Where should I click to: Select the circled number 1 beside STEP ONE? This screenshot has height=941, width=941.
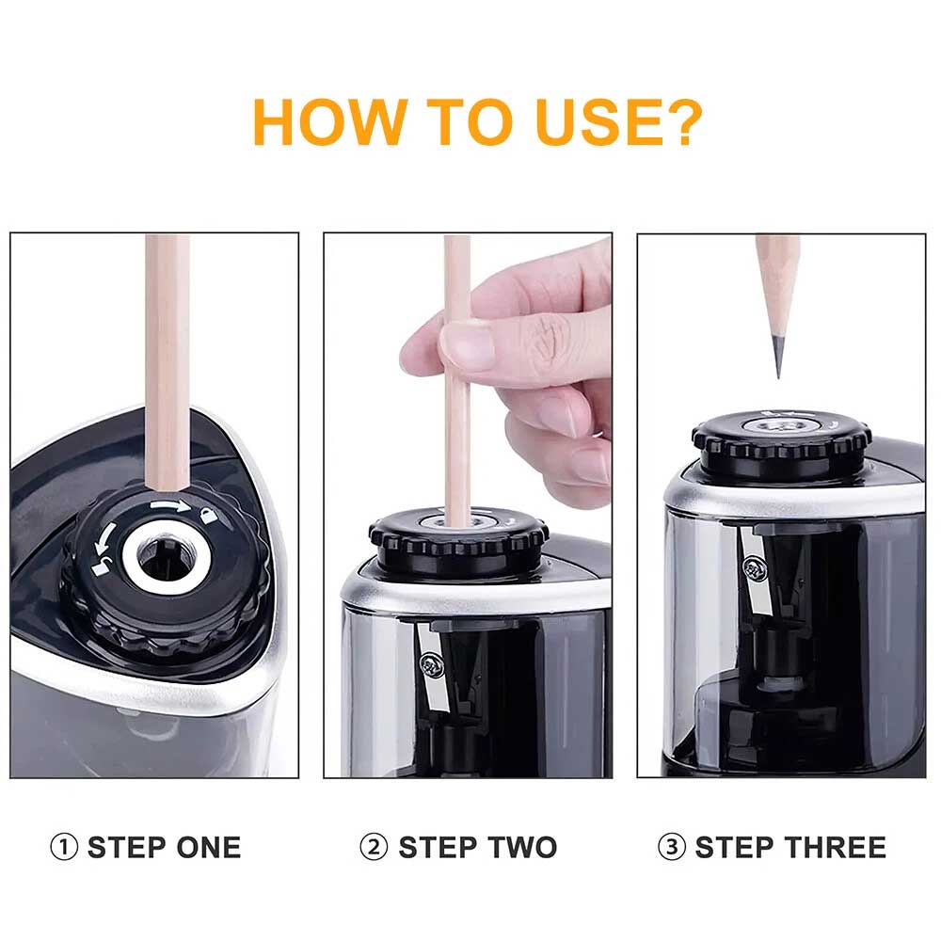(64, 848)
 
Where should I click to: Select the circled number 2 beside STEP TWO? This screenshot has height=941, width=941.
(374, 848)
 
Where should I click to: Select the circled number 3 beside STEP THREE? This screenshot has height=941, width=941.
(672, 848)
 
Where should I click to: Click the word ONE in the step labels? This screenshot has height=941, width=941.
(208, 848)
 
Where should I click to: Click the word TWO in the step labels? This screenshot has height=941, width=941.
(521, 848)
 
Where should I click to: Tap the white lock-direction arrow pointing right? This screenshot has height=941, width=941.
(171, 506)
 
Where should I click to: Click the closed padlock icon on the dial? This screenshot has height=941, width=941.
(208, 515)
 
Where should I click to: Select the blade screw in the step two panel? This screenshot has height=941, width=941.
(430, 665)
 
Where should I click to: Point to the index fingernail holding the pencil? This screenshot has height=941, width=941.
(468, 344)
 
